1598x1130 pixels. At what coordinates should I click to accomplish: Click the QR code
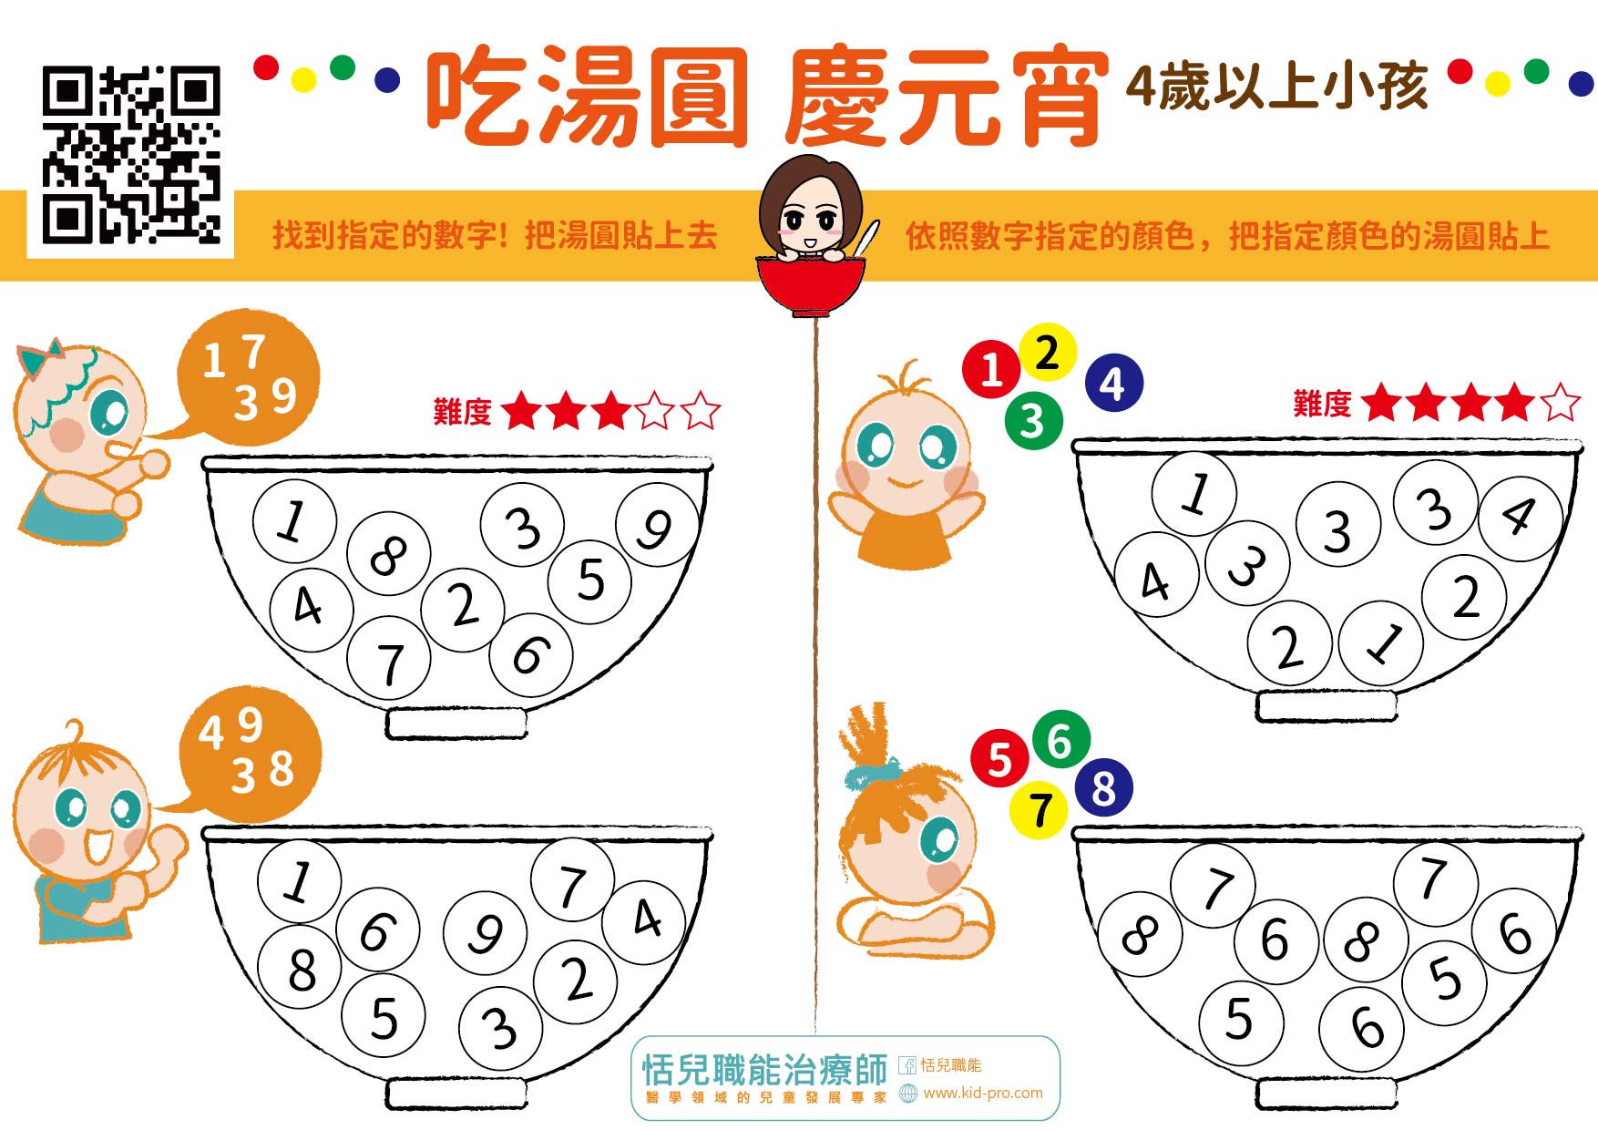click(131, 154)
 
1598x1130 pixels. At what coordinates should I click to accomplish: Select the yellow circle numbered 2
click(1048, 352)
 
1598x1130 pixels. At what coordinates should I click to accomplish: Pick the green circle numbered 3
click(1033, 420)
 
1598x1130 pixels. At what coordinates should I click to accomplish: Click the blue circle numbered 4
click(1113, 383)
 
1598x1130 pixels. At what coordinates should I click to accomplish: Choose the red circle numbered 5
click(999, 758)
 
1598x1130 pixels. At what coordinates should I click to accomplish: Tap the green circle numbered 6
click(1060, 740)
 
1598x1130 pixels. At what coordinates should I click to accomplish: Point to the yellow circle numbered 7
click(1039, 809)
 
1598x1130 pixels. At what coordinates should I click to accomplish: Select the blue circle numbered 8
click(1103, 788)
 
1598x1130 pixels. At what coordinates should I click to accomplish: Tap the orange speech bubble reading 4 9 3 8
click(248, 755)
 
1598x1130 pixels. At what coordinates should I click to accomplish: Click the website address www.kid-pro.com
click(983, 1093)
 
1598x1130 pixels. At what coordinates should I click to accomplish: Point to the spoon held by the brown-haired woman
click(866, 239)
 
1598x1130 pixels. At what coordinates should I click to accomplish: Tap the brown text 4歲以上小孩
click(1276, 87)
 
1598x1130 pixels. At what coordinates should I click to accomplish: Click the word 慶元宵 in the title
click(946, 98)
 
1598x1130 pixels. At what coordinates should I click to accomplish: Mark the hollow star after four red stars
click(1562, 402)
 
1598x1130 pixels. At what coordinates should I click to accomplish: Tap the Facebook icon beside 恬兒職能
click(907, 1065)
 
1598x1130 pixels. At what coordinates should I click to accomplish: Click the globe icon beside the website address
click(907, 1094)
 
